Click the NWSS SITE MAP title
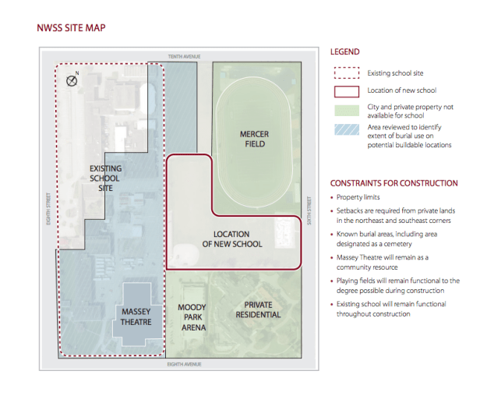point(71,28)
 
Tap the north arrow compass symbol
point(72,81)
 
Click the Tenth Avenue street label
point(184,57)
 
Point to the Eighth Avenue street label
point(184,364)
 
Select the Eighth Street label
point(48,209)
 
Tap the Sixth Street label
point(309,210)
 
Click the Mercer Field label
point(255,139)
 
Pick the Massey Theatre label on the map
point(136,316)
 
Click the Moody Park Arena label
point(192,317)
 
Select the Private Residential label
point(258,309)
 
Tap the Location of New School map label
point(232,239)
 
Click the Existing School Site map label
point(105,178)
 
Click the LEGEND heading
point(345,52)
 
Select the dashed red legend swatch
point(347,73)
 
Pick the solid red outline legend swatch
point(347,92)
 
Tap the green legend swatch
point(347,111)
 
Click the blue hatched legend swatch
point(347,129)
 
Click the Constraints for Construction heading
point(393,183)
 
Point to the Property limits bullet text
point(358,197)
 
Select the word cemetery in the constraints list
point(398,244)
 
